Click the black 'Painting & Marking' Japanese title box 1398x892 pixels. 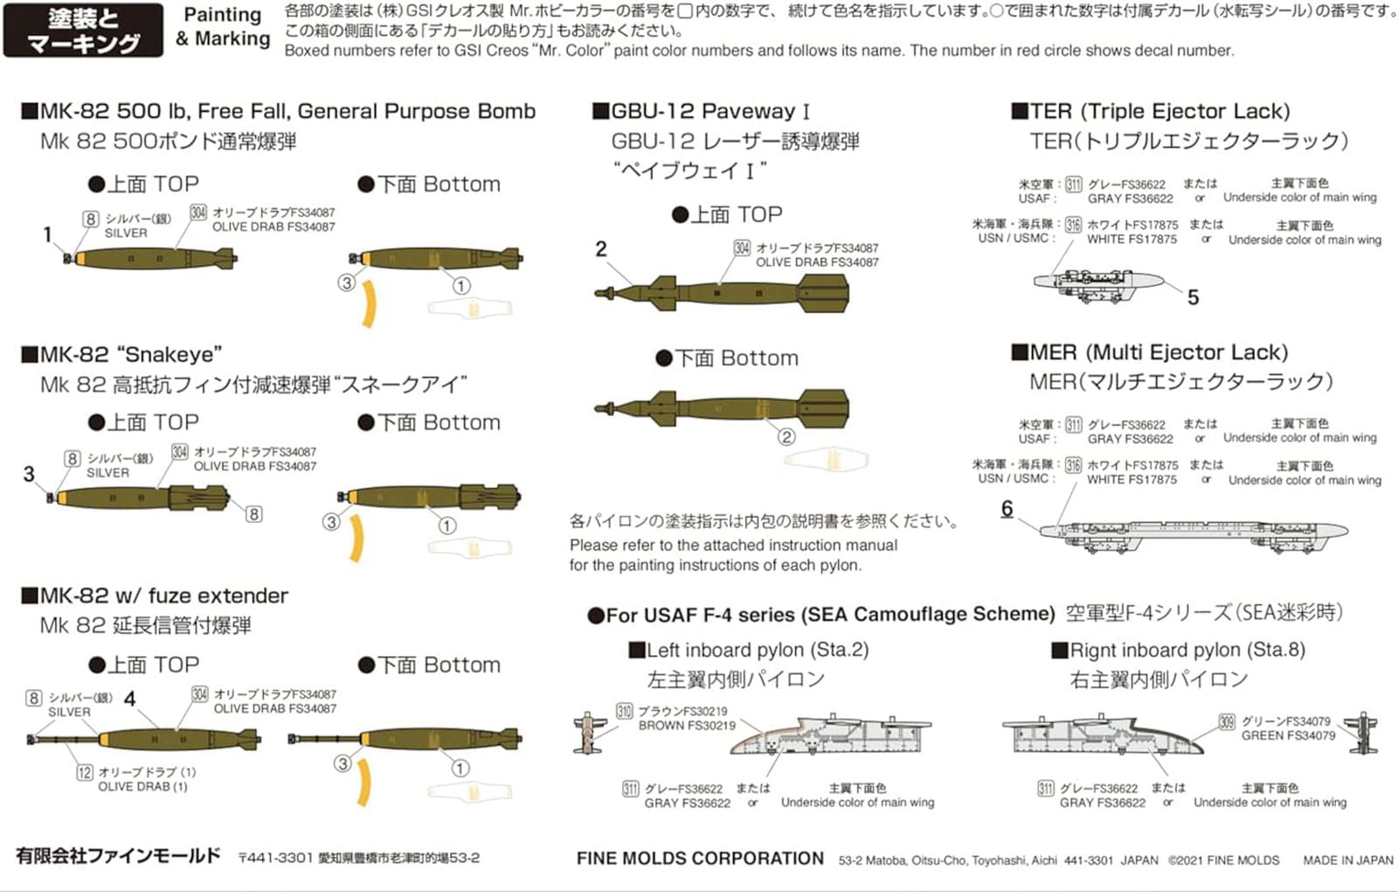click(83, 31)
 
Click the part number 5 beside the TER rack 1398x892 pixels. click(1193, 297)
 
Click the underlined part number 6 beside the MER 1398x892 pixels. click(1007, 508)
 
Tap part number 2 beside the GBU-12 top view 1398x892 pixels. click(601, 249)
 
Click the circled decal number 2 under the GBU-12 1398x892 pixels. click(786, 436)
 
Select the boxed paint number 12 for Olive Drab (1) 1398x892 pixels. click(85, 772)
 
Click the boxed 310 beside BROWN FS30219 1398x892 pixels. click(624, 711)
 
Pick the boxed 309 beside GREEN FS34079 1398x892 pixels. click(1227, 722)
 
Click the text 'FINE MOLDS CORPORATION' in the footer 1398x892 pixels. click(700, 859)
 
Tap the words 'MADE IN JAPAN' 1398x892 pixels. click(1347, 861)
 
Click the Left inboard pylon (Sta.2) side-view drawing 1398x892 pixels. click(830, 735)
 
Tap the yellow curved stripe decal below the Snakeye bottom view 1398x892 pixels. click(356, 538)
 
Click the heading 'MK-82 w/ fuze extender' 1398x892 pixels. click(164, 596)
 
